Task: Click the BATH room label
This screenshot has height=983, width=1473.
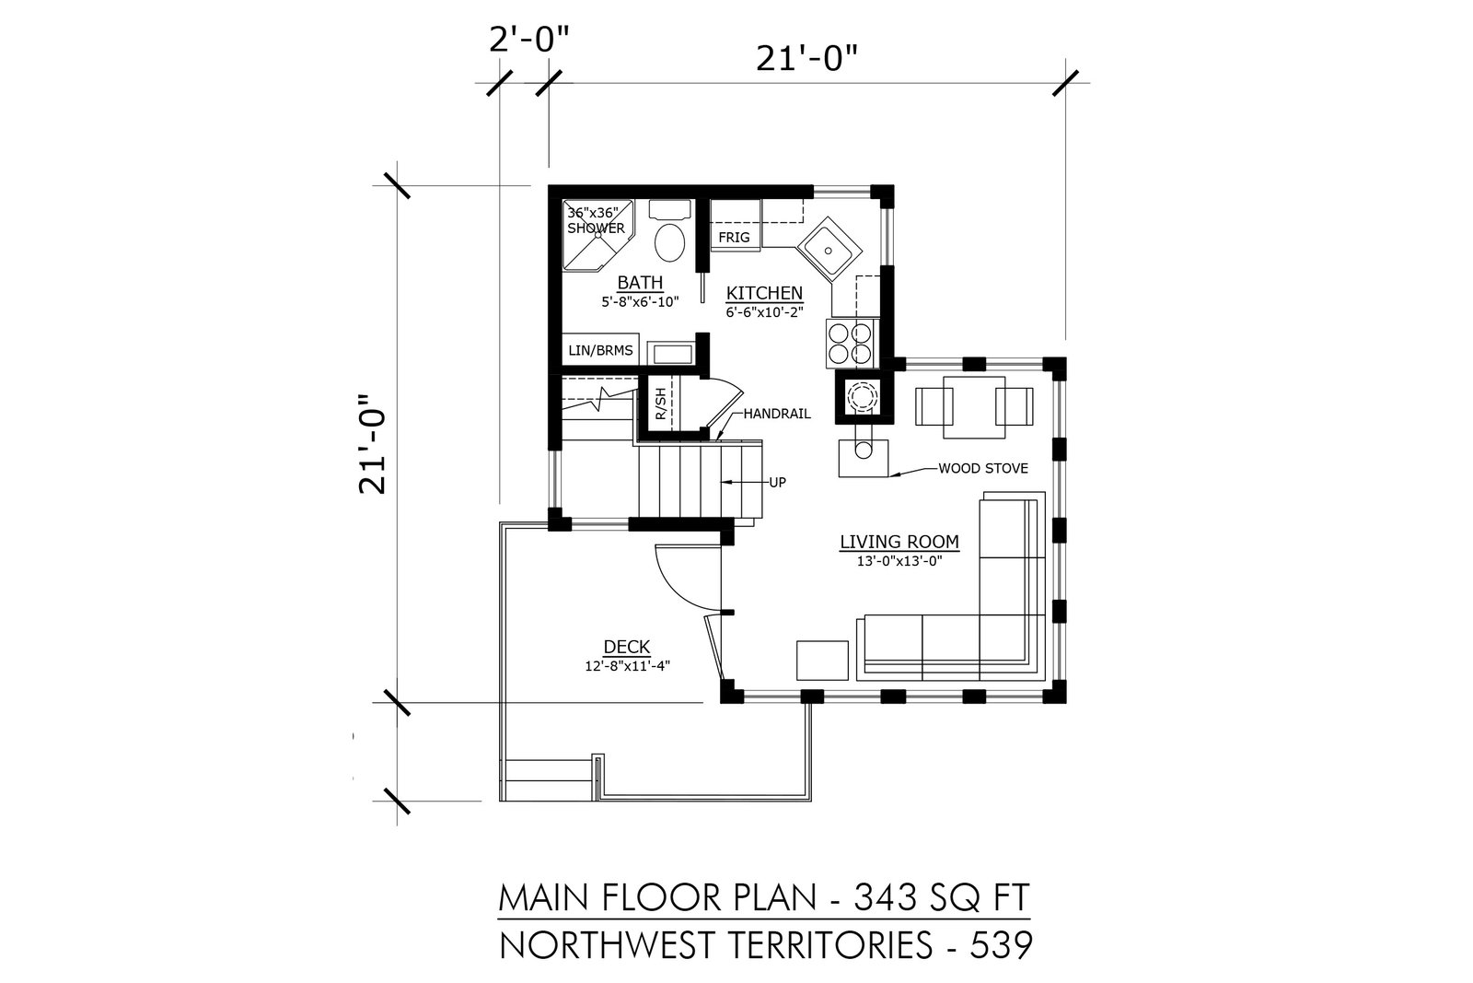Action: click(640, 282)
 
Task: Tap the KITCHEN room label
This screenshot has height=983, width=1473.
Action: click(764, 293)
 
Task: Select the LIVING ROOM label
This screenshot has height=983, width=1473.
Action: click(899, 542)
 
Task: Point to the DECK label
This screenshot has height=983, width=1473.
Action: click(627, 647)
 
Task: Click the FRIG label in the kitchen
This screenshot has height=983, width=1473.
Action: click(734, 237)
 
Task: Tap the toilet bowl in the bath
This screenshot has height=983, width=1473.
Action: click(670, 242)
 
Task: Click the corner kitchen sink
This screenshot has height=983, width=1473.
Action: click(829, 250)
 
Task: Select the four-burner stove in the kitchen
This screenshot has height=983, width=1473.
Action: click(851, 343)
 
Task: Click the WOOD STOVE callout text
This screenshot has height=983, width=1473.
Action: click(983, 469)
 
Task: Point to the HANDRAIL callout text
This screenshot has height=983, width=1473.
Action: click(777, 414)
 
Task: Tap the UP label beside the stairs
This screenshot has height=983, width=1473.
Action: click(777, 483)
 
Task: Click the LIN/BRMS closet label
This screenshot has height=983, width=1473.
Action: click(600, 350)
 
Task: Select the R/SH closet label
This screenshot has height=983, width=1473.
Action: click(661, 404)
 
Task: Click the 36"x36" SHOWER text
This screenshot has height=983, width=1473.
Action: click(596, 220)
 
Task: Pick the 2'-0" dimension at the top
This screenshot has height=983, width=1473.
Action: click(528, 41)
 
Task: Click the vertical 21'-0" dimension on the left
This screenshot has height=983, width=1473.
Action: click(372, 443)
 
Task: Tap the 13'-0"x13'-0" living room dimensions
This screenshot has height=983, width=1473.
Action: click(899, 561)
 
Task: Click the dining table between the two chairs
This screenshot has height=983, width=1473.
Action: click(974, 407)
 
